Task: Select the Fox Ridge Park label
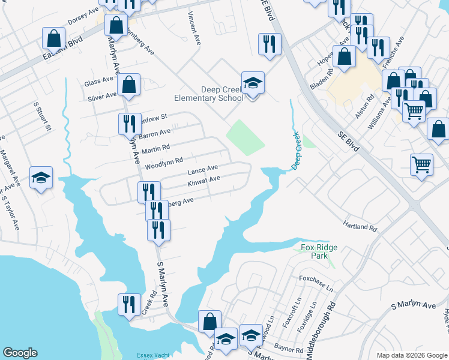click(x=316, y=251)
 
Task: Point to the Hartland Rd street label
click(x=360, y=228)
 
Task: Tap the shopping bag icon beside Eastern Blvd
click(x=54, y=40)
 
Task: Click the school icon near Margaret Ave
click(x=41, y=178)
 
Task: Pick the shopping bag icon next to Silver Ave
click(x=128, y=86)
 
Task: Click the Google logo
click(x=20, y=353)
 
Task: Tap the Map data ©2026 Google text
click(x=411, y=355)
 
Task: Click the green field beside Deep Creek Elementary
click(x=246, y=136)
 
